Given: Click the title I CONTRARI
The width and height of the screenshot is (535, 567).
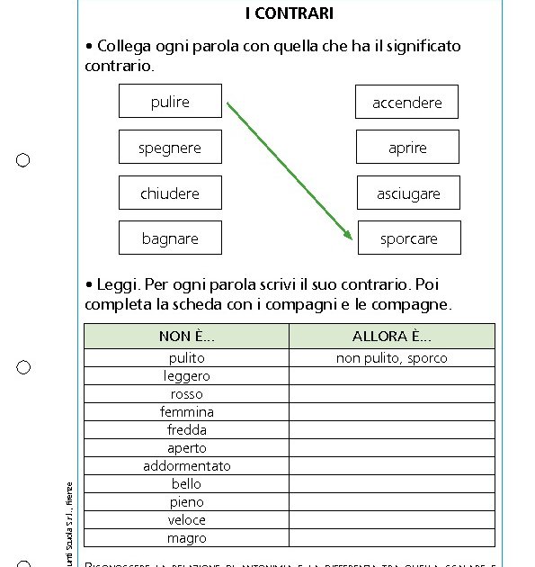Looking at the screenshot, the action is [289, 13].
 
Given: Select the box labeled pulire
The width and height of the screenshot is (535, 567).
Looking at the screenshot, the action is [170, 102].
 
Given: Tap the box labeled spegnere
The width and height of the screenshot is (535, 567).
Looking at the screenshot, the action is [170, 148].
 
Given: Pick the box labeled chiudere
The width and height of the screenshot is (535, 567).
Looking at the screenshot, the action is [170, 193].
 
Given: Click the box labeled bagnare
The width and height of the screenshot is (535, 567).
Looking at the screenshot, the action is [170, 238].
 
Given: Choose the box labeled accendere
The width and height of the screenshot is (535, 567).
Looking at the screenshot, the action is [406, 103].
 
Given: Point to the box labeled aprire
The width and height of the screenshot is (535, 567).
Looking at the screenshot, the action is [407, 148].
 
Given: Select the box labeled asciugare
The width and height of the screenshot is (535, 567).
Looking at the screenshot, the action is [408, 193].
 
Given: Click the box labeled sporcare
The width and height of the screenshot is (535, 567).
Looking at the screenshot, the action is [409, 238].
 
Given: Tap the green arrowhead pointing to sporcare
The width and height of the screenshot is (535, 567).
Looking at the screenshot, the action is [348, 235].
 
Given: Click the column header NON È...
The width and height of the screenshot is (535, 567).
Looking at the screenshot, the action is [187, 337].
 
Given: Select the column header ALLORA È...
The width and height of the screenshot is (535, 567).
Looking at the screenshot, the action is [392, 337].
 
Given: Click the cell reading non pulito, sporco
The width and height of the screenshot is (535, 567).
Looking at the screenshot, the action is [392, 358].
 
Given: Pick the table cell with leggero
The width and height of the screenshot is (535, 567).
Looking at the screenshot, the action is [187, 376].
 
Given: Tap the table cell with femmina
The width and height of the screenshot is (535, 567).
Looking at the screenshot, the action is [187, 412].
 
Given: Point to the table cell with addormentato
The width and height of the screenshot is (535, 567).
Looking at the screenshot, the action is [187, 466].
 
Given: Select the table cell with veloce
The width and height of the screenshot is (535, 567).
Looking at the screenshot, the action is [187, 520].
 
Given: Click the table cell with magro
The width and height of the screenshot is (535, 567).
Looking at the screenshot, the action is [187, 538].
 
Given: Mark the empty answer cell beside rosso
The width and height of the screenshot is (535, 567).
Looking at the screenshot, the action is [392, 394].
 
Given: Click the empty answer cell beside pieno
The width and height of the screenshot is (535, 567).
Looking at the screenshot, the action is [392, 502].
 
